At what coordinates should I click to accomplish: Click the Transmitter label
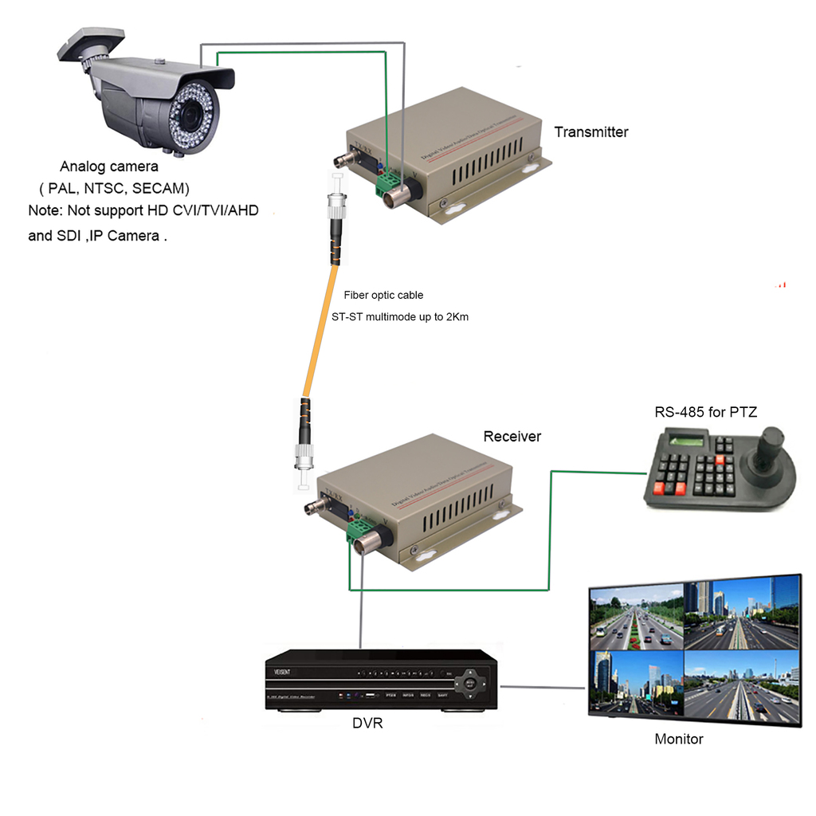coord(590,132)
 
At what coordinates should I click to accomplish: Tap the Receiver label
coord(512,437)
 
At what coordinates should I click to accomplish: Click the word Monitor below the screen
coord(678,739)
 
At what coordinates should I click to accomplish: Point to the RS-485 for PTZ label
coord(705,412)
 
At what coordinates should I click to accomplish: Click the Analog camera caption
coord(109,167)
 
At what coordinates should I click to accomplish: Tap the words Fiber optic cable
coord(383,295)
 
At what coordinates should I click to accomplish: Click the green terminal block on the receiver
coord(356,531)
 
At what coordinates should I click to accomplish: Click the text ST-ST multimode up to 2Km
coord(400,316)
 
